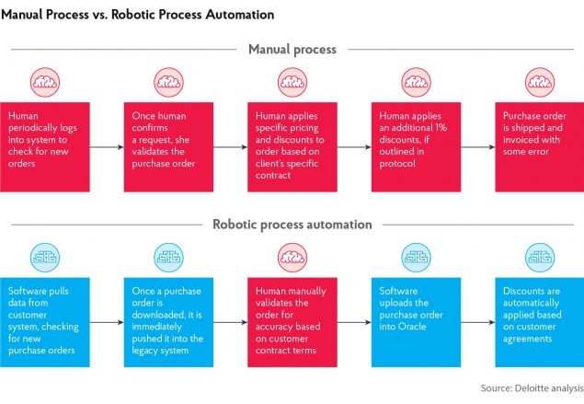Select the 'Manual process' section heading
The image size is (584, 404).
point(291,49)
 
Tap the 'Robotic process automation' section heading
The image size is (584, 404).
point(291,224)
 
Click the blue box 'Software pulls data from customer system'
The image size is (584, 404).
point(44,321)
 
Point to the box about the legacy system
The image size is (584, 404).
point(167,321)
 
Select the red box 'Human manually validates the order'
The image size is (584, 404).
point(291,321)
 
